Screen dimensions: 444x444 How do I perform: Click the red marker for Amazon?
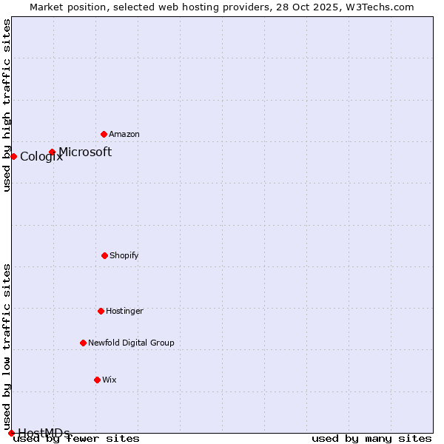click(x=104, y=134)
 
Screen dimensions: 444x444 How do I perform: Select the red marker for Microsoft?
click(x=52, y=152)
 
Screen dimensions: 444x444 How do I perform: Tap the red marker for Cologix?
click(x=13, y=156)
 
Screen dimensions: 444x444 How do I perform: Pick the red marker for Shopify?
click(x=104, y=255)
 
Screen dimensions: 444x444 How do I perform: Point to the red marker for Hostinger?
click(x=101, y=311)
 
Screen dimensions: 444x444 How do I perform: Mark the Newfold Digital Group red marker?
click(x=83, y=343)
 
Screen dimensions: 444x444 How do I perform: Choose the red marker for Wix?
click(x=97, y=380)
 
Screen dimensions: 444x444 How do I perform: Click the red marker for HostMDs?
click(x=11, y=433)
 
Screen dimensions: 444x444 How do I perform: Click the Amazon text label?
click(x=124, y=134)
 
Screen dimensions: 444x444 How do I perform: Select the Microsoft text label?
click(x=85, y=152)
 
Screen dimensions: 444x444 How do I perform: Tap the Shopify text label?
click(x=124, y=255)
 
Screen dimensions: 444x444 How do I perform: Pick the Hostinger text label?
click(x=124, y=311)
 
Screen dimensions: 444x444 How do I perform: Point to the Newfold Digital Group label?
click(x=131, y=343)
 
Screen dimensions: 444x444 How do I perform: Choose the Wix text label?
click(x=110, y=380)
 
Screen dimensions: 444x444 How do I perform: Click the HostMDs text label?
click(x=44, y=433)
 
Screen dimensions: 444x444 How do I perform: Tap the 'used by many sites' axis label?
click(x=371, y=438)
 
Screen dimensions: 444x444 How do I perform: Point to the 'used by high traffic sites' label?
click(x=7, y=105)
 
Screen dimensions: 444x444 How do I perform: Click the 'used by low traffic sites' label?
click(x=7, y=347)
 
